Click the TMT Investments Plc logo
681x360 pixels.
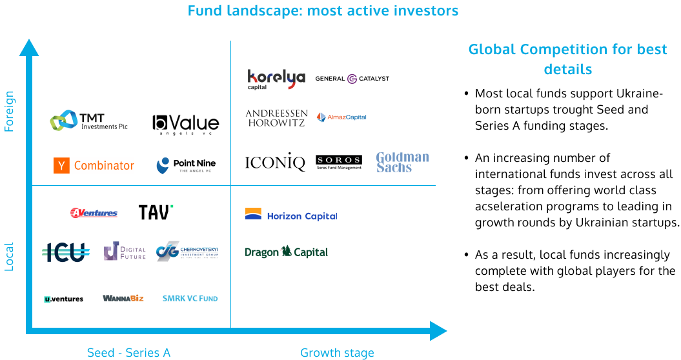tap(88, 121)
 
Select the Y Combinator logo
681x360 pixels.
tap(94, 166)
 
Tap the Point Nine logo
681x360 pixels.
tap(185, 166)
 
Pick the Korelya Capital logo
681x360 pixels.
tap(276, 79)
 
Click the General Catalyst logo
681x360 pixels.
tap(352, 79)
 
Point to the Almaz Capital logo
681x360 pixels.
tap(341, 117)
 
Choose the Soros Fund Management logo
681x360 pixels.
tap(339, 162)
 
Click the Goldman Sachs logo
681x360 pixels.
tap(402, 162)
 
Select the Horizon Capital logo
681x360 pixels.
tap(291, 215)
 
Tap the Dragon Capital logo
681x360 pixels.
tap(287, 252)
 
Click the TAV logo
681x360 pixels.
tap(156, 210)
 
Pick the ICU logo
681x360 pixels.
tap(65, 252)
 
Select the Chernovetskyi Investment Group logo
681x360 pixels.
tap(187, 251)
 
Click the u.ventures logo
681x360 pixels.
tap(63, 299)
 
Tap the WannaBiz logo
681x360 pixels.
tap(123, 298)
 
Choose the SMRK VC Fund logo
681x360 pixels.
tap(190, 299)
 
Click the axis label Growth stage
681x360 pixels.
tap(337, 353)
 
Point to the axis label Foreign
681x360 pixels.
tap(10, 111)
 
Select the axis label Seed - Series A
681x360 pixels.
tap(128, 353)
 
